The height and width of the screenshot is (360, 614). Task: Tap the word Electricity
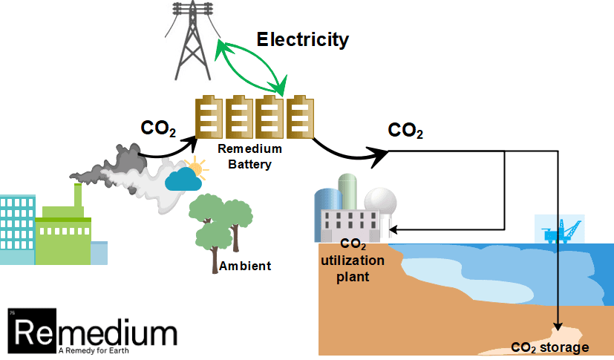[302, 39]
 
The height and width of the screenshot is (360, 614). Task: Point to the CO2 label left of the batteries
[158, 128]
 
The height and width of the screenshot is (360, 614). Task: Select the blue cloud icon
[183, 180]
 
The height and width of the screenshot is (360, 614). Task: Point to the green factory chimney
[77, 197]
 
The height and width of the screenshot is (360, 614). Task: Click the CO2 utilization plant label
[353, 261]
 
